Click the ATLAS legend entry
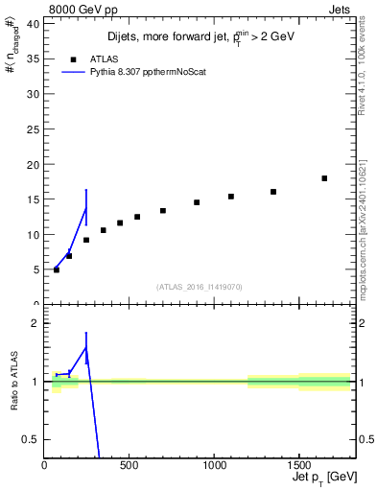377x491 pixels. click(93, 58)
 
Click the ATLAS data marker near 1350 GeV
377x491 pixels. click(273, 192)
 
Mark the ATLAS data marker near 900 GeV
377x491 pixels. click(197, 202)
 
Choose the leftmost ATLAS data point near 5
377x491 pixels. click(57, 269)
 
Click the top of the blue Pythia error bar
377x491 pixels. click(86, 190)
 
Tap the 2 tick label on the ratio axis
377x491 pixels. click(37, 323)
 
